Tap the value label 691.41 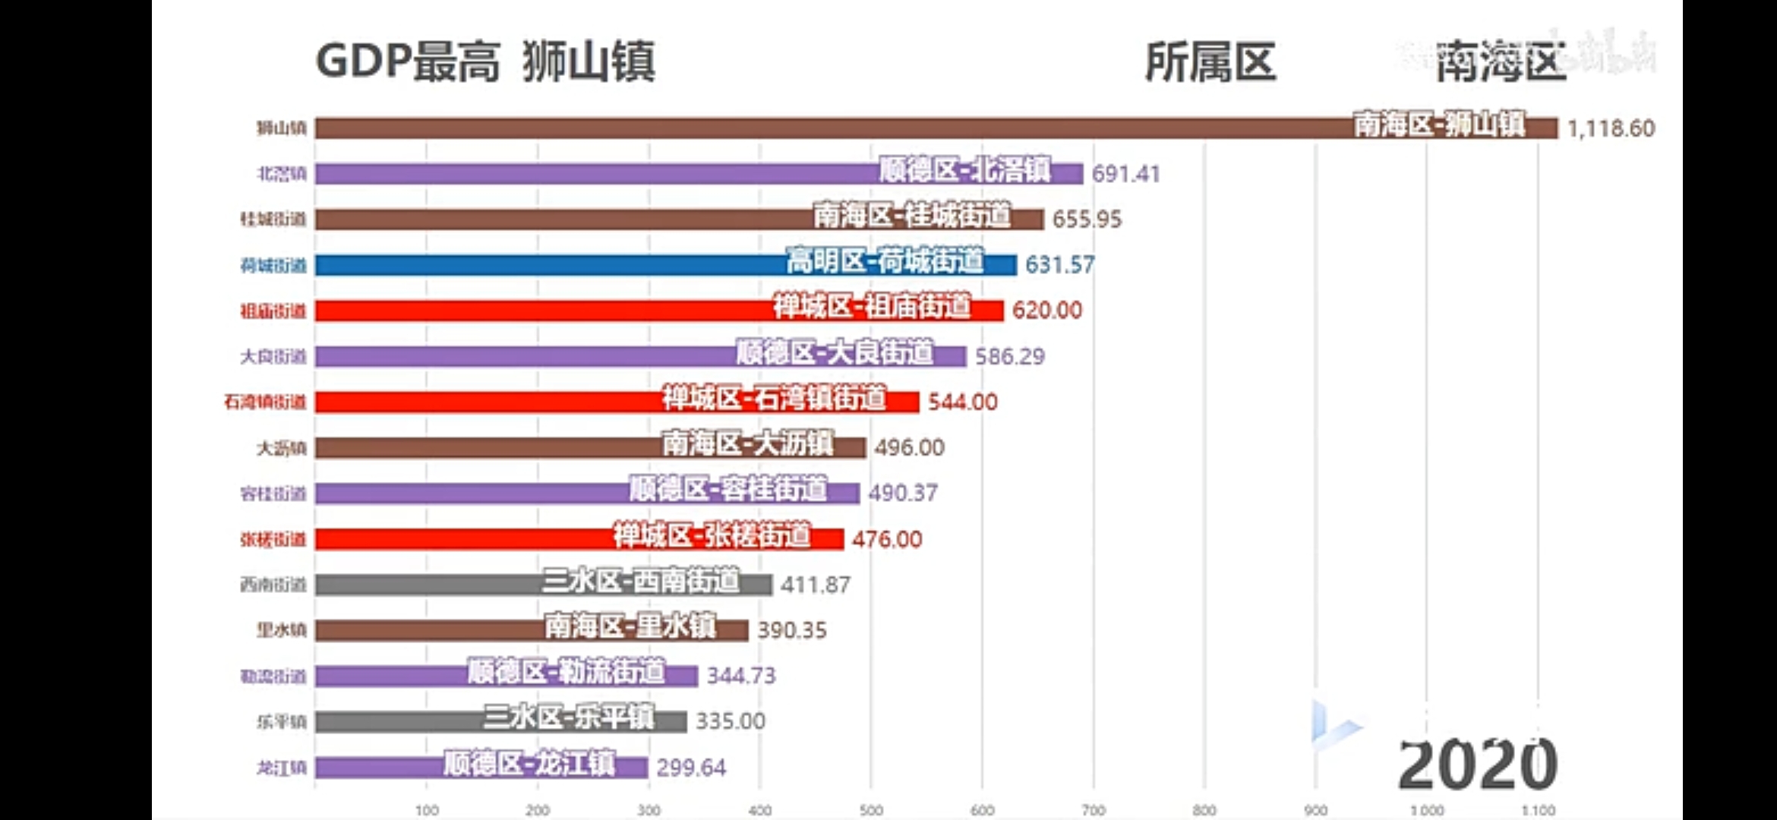point(1125,174)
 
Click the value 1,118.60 point(1610,128)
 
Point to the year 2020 point(1477,765)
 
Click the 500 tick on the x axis point(871,810)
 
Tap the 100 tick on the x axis point(427,810)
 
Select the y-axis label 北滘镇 point(281,174)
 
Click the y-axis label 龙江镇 point(281,768)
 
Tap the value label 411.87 point(815,585)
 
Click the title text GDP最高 point(408,61)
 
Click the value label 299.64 point(691,768)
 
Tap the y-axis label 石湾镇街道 point(265,402)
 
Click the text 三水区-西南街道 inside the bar point(640,582)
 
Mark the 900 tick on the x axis point(1315,810)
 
